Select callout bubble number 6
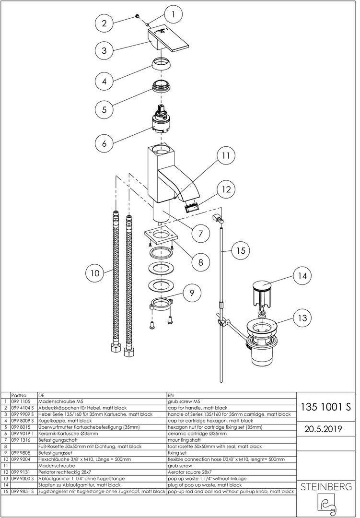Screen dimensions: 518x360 click(x=104, y=142)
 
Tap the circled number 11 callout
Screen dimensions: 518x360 click(x=226, y=156)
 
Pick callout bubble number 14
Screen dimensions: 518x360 click(x=302, y=276)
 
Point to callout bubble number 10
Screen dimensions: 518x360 click(x=95, y=273)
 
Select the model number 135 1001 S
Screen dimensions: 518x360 click(x=326, y=407)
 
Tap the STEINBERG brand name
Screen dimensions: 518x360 click(x=326, y=487)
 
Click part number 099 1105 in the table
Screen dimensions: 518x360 click(x=19, y=401)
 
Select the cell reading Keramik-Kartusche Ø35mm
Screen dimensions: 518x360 click(x=67, y=433)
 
